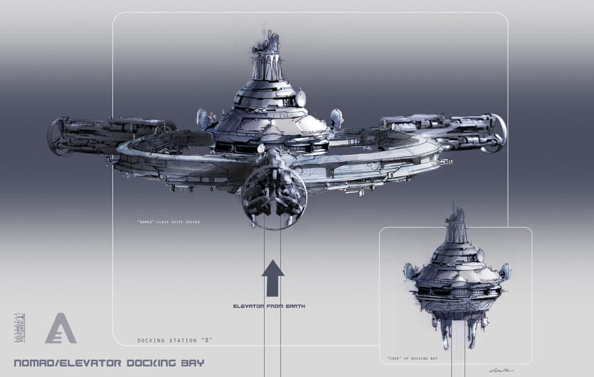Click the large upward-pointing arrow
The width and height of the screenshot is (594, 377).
tap(272, 278)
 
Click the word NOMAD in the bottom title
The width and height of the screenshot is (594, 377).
tap(36, 363)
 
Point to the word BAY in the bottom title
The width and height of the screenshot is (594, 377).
tap(193, 363)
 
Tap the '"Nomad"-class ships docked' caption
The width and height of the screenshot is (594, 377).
tap(169, 222)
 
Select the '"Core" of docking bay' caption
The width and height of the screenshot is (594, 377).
tap(413, 358)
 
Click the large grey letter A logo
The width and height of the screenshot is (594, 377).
tap(61, 328)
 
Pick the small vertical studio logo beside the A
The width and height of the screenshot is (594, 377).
tap(19, 328)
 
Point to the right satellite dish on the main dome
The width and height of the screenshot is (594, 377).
tap(336, 118)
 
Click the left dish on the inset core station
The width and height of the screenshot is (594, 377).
tap(409, 270)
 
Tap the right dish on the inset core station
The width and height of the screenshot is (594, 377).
tap(504, 270)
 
